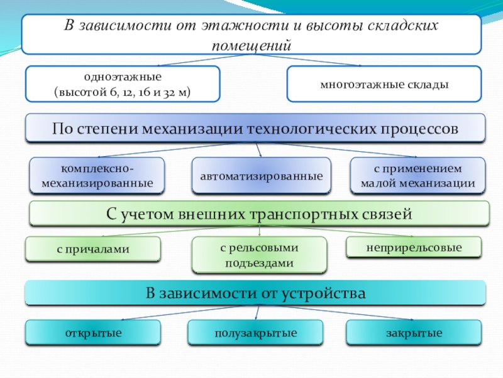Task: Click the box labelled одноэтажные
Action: (x=123, y=84)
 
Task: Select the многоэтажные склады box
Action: (x=383, y=84)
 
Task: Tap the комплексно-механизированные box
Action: (x=97, y=176)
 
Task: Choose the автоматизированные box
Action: (x=261, y=176)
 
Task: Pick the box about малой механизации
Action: (x=417, y=176)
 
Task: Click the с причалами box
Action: (x=92, y=249)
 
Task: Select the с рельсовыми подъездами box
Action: (x=259, y=255)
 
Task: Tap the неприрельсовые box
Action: (x=414, y=248)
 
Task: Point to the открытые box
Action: (x=92, y=333)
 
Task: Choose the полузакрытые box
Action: (x=255, y=333)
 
